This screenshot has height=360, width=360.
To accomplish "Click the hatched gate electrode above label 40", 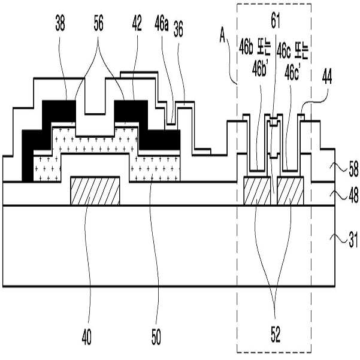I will pos(96,191).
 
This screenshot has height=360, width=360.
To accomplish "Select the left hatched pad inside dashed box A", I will pos(258,191).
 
